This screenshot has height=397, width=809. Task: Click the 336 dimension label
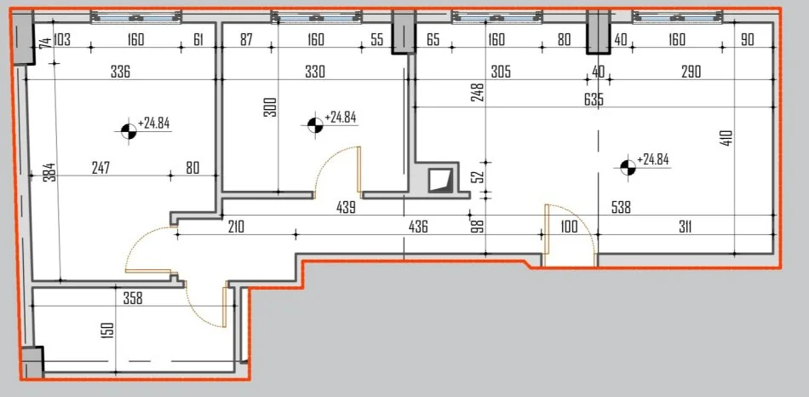(120, 72)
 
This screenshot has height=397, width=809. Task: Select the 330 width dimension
(315, 72)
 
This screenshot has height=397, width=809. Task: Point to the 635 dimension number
(594, 100)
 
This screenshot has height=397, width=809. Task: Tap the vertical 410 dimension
(726, 138)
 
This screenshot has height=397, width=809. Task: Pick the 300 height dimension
(270, 107)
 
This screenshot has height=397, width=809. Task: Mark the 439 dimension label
(345, 206)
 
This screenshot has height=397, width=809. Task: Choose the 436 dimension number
(418, 227)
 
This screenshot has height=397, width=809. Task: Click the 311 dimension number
(680, 227)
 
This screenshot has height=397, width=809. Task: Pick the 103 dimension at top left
(61, 39)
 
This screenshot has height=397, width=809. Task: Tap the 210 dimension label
(236, 227)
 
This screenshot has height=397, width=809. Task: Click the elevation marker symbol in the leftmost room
(128, 129)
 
